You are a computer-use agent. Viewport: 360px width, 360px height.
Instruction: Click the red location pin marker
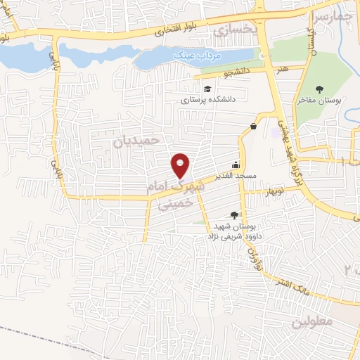coord(181,166)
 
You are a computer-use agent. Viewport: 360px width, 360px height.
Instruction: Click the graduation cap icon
coord(208,89)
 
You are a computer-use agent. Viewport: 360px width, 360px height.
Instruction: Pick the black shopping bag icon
coord(252,127)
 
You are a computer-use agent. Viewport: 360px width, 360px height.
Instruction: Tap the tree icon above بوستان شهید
coord(234,215)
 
